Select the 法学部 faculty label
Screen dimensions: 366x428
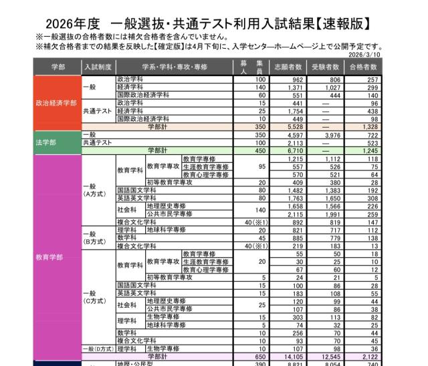(x=45, y=142)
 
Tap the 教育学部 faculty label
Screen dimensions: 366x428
(x=49, y=256)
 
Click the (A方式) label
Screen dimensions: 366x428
(x=92, y=194)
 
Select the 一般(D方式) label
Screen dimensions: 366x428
(x=98, y=349)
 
